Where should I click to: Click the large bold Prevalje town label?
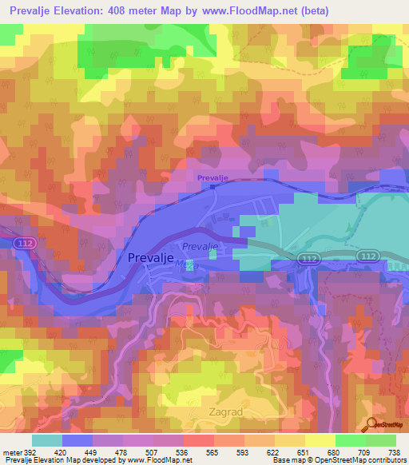point(153,257)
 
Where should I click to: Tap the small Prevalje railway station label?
point(213,177)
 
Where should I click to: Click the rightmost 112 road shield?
point(368,256)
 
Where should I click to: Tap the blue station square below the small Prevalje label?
point(213,187)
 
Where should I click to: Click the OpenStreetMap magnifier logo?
point(371,424)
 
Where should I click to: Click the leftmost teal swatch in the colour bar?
point(47,441)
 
